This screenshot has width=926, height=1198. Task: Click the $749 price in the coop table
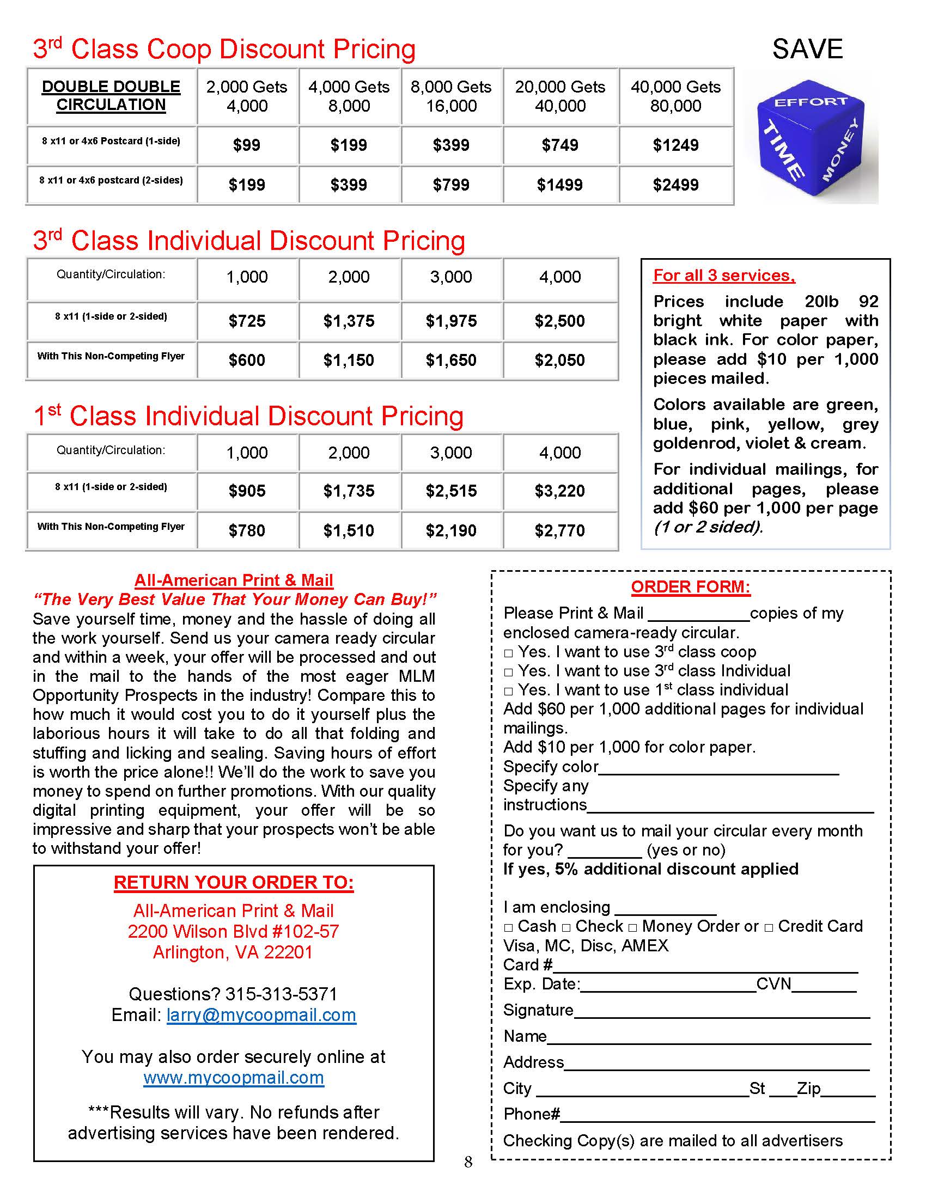[x=559, y=145]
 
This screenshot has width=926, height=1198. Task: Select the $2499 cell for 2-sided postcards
[x=675, y=185]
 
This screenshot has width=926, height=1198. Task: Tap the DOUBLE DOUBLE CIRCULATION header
[x=111, y=95]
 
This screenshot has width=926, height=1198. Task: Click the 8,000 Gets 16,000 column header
[x=451, y=96]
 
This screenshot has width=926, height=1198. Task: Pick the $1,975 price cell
[x=451, y=321]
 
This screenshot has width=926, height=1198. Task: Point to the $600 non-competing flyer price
[x=247, y=360]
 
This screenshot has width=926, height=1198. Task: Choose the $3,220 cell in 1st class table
[x=559, y=491]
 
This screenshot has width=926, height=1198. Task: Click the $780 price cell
[x=247, y=530]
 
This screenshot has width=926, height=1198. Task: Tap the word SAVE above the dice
[x=807, y=50]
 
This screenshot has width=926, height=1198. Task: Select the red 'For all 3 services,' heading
[x=723, y=276]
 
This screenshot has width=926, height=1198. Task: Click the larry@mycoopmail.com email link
[x=261, y=1016]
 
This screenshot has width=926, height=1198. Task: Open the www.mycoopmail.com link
[x=234, y=1078]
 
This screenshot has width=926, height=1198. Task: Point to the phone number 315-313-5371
[x=281, y=994]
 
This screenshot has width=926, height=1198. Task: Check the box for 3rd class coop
[x=509, y=653]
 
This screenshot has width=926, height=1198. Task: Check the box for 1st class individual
[x=509, y=691]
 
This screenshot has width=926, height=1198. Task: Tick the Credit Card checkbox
[x=769, y=927]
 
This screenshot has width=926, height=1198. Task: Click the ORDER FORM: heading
[x=690, y=587]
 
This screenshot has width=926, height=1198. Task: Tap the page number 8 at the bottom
[x=468, y=1162]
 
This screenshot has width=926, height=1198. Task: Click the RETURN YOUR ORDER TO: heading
[x=234, y=883]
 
